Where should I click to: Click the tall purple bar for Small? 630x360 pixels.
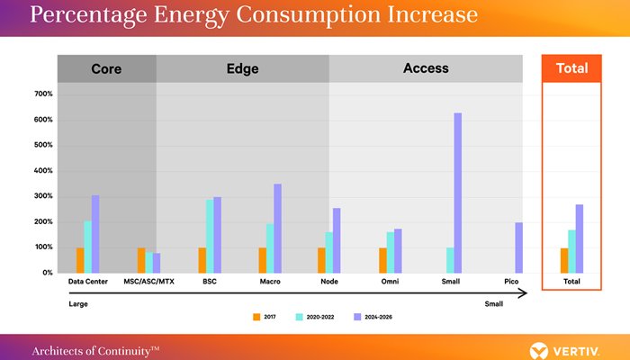click(457, 193)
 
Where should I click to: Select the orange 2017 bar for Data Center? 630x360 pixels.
click(80, 260)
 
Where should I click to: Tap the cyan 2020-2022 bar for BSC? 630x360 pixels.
click(210, 236)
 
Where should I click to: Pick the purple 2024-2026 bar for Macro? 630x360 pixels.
click(277, 229)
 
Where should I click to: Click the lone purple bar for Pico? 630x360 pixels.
click(518, 247)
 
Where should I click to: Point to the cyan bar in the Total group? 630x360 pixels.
click(571, 251)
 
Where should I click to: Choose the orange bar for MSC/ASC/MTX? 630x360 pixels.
click(141, 260)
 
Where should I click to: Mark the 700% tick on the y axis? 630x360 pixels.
click(43, 94)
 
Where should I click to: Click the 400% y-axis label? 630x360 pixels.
click(43, 171)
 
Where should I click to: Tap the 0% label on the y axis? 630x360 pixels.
click(48, 273)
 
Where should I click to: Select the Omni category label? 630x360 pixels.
click(390, 282)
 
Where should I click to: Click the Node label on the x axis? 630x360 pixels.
click(329, 282)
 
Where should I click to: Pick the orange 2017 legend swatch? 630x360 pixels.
click(256, 317)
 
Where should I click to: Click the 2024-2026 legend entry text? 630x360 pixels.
click(379, 317)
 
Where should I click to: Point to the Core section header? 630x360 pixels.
click(106, 68)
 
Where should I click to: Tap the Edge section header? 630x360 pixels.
click(243, 68)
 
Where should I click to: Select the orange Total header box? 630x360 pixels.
click(571, 68)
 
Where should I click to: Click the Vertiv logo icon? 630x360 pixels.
click(539, 351)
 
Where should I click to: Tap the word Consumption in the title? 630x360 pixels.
click(308, 15)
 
